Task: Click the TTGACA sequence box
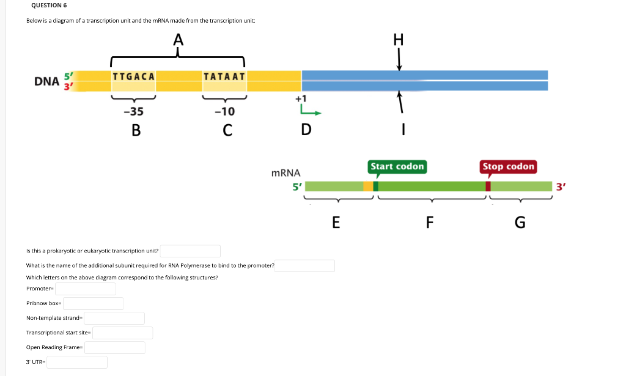134,76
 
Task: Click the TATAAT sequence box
224,76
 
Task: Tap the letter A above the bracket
178,40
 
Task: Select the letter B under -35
136,130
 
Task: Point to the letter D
306,130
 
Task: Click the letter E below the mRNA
336,223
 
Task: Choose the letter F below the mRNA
430,223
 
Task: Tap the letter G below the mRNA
520,223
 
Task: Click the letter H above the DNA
399,40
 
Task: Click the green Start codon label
397,166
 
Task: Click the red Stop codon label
508,166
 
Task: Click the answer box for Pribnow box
93,303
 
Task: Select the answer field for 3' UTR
78,362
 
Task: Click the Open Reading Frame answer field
115,347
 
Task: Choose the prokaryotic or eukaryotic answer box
190,251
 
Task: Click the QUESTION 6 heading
49,6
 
